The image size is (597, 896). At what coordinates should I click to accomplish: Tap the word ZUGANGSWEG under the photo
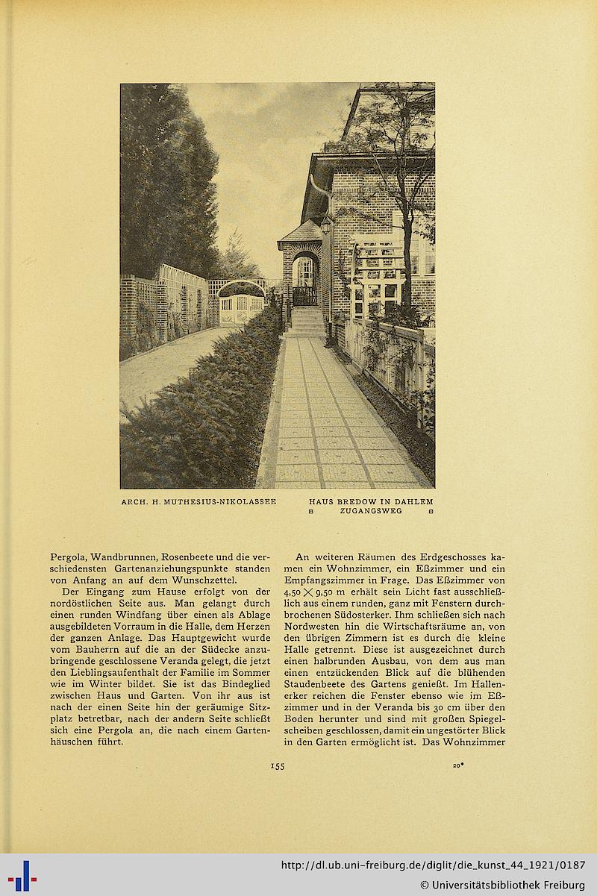point(371,511)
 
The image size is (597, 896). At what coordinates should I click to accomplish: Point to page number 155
point(277,765)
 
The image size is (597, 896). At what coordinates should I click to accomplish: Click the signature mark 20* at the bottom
point(458,765)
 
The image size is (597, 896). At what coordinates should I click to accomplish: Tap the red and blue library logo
point(22,875)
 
